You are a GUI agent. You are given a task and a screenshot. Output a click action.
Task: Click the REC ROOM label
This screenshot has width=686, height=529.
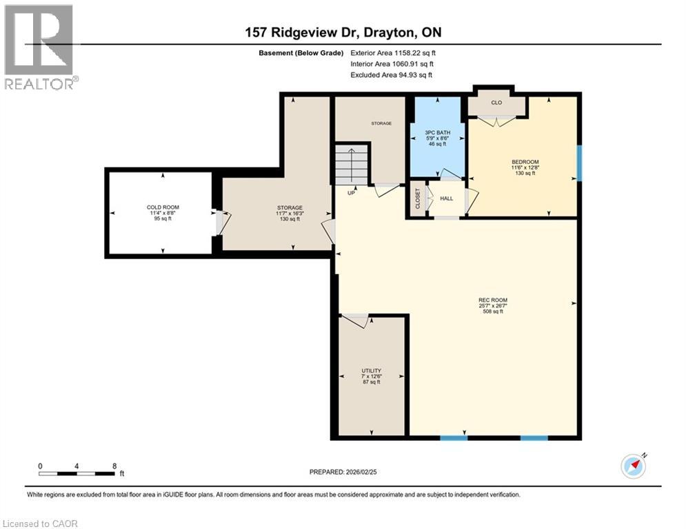[493, 300]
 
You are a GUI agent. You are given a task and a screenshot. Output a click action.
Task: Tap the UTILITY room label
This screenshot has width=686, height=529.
[372, 371]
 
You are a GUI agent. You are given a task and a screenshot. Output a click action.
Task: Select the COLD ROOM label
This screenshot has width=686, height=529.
[162, 207]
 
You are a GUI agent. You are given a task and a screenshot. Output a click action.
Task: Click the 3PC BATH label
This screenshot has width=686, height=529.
[438, 126]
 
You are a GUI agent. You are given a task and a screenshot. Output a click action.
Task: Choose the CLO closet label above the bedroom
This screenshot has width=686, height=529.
[496, 103]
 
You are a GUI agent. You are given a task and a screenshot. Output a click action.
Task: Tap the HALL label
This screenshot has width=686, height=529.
[446, 198]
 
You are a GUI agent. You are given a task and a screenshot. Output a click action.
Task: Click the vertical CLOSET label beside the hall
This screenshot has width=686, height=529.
[417, 198]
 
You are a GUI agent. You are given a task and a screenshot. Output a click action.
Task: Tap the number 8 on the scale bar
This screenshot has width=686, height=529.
[114, 466]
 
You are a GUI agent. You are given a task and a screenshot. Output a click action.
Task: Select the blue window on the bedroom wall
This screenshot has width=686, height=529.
[579, 163]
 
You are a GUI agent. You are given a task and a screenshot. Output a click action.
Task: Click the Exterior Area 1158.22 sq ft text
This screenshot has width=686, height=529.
[393, 52]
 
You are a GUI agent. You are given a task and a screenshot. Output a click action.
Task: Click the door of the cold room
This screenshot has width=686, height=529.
[221, 222]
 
